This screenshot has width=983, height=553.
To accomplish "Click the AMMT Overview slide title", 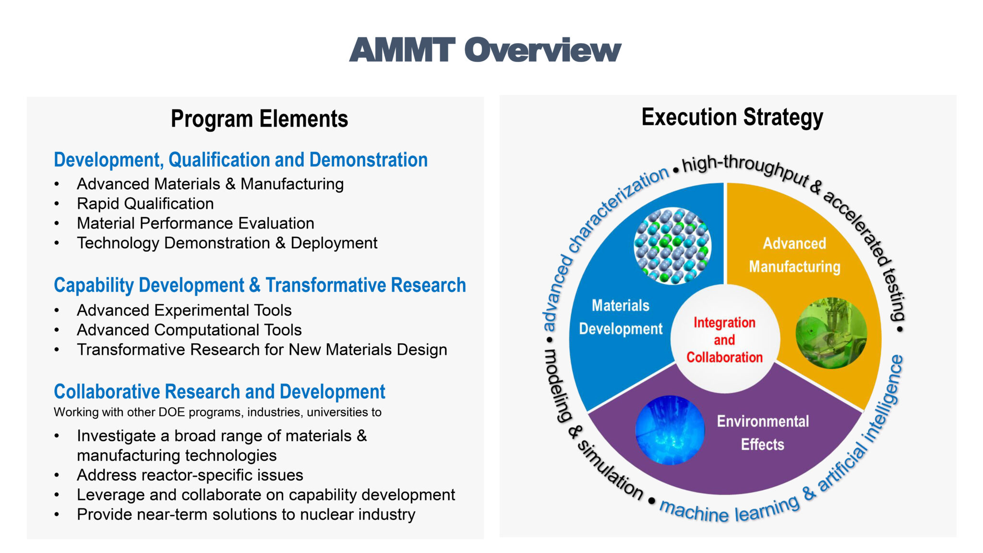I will point(485,50).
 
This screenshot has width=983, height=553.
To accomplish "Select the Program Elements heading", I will point(259,119).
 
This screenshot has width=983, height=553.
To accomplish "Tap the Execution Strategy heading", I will point(732,117).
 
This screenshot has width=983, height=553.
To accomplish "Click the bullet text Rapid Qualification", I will point(145,204).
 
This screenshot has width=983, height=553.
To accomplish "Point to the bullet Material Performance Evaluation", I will point(195,223).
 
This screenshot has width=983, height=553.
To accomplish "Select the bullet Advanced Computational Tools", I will point(189,330).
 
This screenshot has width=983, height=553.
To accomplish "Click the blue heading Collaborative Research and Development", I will point(219,392).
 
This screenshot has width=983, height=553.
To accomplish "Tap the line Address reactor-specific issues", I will point(190,475).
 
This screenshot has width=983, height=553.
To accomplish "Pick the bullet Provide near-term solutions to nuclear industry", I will point(246,514).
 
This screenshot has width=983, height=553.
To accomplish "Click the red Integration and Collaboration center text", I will point(724,340).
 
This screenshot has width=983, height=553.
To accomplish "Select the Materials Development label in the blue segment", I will point(620,317).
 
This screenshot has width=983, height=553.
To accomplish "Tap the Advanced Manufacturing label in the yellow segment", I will point(794,255).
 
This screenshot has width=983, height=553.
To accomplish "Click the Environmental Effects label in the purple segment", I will point(763,433).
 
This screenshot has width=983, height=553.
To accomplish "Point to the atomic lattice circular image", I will point(672,245).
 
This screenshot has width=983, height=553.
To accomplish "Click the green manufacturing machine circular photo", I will point(831,333).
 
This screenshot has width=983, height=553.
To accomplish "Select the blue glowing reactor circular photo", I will point(670,430).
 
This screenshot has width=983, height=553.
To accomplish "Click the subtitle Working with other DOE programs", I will point(217,412).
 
